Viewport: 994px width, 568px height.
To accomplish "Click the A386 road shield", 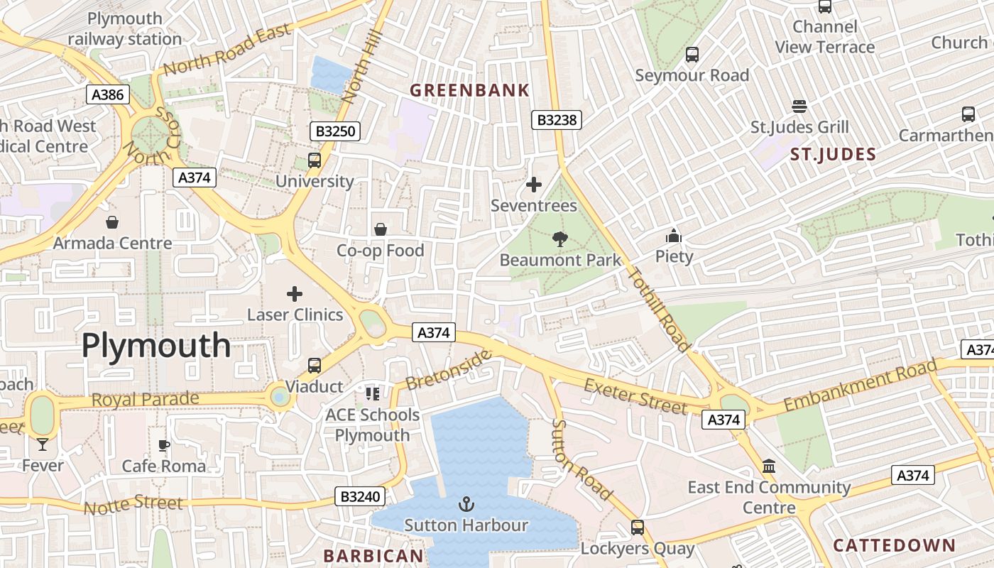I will click(108, 94).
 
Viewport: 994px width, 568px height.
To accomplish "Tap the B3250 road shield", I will click(335, 131).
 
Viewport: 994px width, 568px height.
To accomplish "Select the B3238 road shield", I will click(557, 120).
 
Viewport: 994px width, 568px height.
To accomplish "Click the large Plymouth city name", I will click(156, 346).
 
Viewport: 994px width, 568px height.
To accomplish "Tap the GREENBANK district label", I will click(470, 90).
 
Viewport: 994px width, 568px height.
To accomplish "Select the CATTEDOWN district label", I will click(894, 545).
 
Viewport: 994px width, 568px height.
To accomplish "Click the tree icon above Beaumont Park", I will click(560, 239).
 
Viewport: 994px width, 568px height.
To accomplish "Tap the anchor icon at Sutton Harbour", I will click(466, 504).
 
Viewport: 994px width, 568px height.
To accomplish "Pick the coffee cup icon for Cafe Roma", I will click(164, 445).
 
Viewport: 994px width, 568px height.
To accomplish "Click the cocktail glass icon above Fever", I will click(43, 444).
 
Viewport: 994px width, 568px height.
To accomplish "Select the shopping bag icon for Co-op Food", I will click(381, 229).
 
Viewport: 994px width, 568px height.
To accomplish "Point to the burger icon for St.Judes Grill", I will click(799, 106).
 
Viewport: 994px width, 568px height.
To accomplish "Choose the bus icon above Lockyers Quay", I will click(638, 528).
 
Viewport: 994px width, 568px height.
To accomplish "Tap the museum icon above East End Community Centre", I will click(769, 466).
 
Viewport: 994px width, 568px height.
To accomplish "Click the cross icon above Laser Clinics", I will click(295, 293).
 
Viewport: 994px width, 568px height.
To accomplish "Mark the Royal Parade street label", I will click(146, 400).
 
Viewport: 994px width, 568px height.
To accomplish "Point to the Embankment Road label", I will click(861, 387).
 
